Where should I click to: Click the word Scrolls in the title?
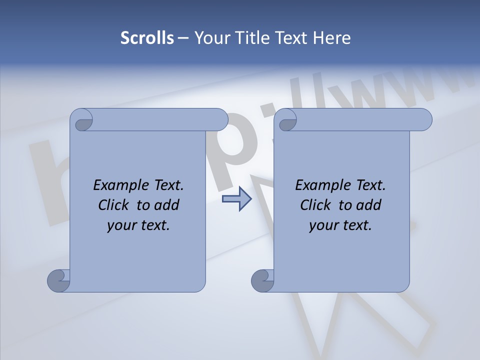[x=147, y=38]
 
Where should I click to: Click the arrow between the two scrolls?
[x=236, y=199]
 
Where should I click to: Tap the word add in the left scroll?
[x=167, y=205]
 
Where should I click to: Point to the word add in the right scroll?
[x=369, y=205]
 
